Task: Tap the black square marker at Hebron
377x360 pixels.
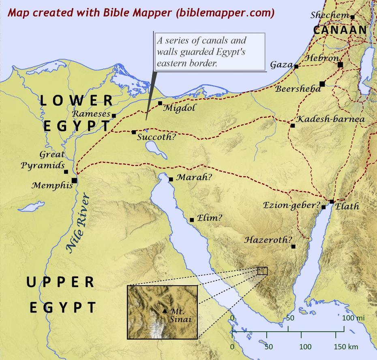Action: pyautogui.click(x=340, y=65)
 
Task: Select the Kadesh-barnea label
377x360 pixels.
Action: pyautogui.click(x=330, y=119)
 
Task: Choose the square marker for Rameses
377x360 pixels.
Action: pyautogui.click(x=114, y=116)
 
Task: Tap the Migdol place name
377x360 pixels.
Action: pyautogui.click(x=179, y=108)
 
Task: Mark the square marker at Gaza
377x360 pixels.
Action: pyautogui.click(x=296, y=66)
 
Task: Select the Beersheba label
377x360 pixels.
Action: pyautogui.click(x=298, y=89)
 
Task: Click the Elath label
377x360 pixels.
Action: pyautogui.click(x=347, y=206)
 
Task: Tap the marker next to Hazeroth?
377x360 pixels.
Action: pyautogui.click(x=293, y=246)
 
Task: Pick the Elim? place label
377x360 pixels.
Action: pyautogui.click(x=209, y=218)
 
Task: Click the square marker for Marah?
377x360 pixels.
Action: pyautogui.click(x=171, y=179)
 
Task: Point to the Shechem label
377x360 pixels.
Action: pyautogui.click(x=330, y=15)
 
